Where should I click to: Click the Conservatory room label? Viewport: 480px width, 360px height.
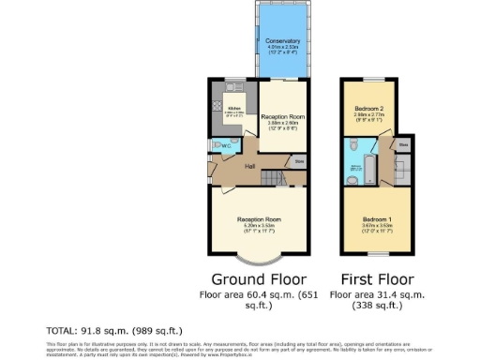282,41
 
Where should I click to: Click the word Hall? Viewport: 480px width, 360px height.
250,166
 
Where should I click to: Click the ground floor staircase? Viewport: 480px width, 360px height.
271,177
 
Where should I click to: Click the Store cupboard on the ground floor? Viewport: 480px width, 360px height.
299,160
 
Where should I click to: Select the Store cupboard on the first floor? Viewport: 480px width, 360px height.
402,146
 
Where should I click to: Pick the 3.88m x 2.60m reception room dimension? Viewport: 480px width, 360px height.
282,122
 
